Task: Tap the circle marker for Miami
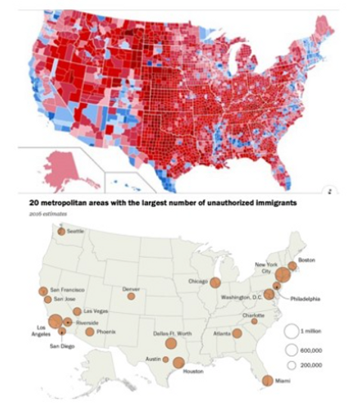[x=268, y=381]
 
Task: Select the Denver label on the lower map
[x=132, y=288]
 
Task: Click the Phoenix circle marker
[x=90, y=332]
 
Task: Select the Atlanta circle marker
[x=237, y=333]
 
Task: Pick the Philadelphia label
[x=306, y=298]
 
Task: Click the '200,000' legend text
[x=312, y=365]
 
